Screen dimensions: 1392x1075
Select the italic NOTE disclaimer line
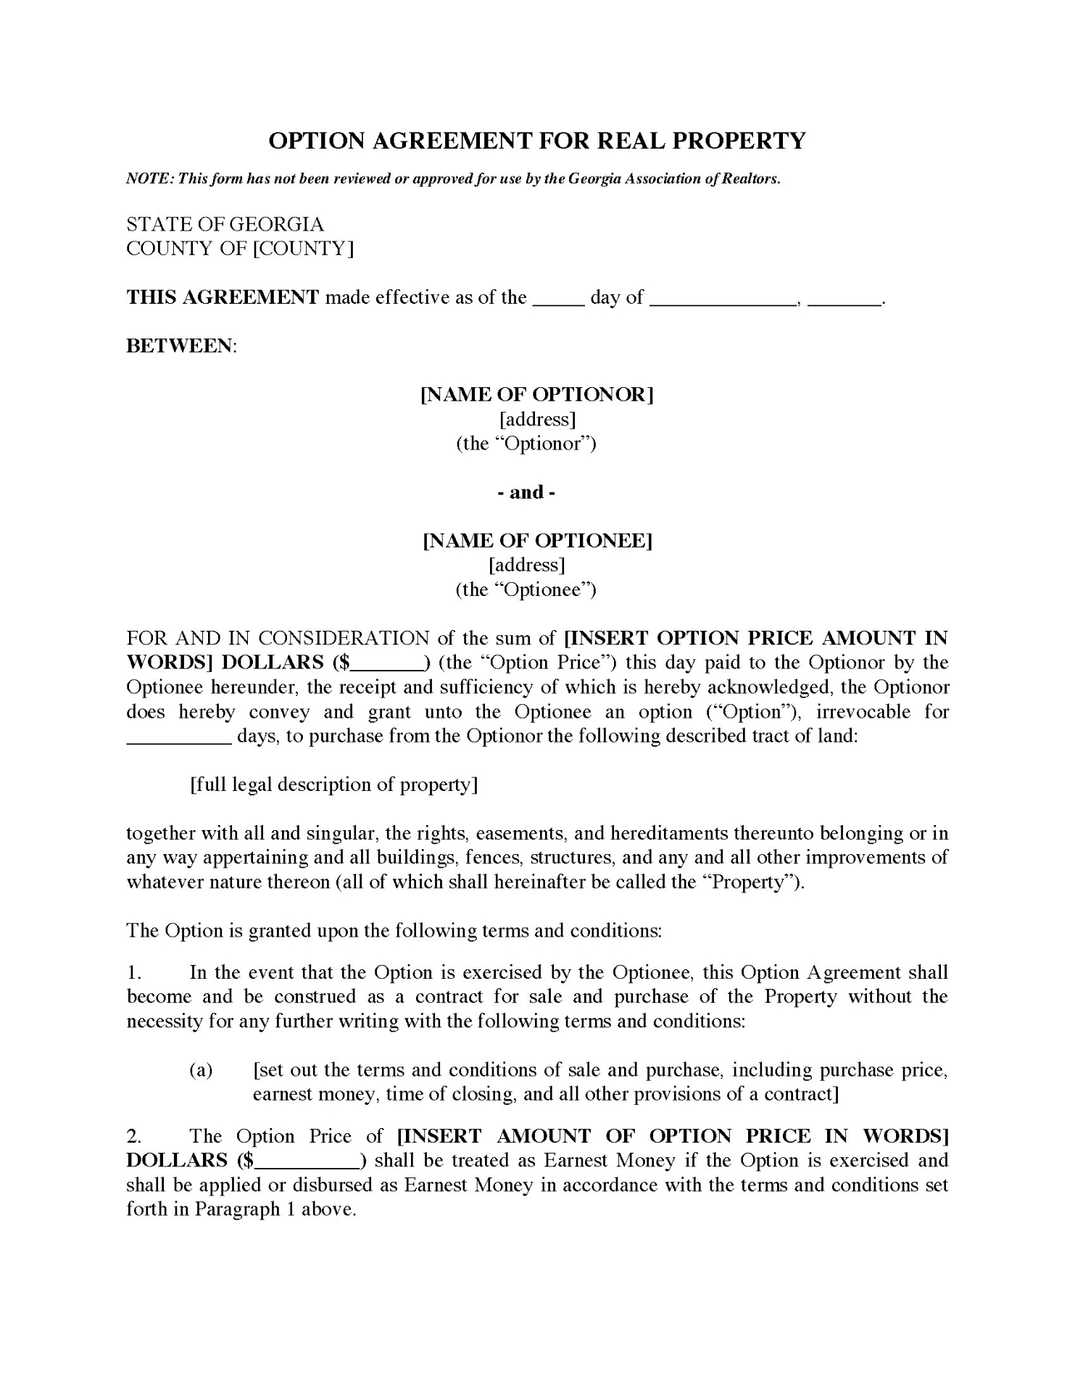click(x=453, y=179)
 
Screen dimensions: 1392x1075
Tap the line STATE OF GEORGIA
click(x=225, y=224)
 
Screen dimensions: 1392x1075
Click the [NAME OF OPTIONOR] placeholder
click(x=537, y=394)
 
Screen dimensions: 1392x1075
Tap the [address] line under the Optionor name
click(x=537, y=419)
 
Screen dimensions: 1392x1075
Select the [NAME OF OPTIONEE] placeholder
click(x=537, y=541)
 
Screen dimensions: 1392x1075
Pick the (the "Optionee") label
click(x=526, y=589)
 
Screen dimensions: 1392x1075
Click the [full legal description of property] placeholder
click(x=333, y=784)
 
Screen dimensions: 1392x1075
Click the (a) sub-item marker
click(x=201, y=1070)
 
